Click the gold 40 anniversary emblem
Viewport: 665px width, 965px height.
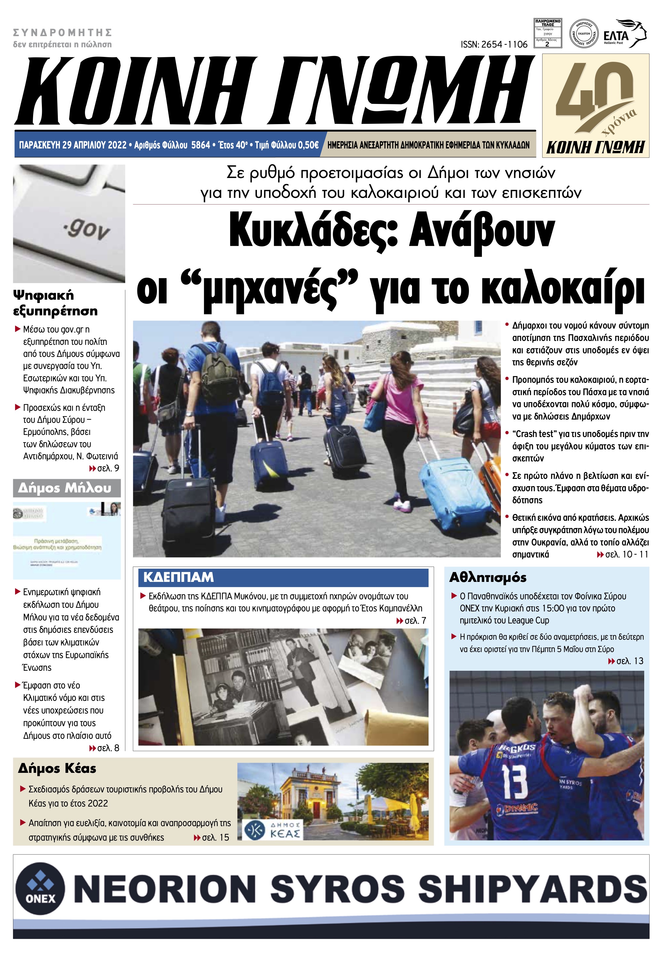595,100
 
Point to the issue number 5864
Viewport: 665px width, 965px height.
200,145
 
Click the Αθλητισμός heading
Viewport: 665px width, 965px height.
488,577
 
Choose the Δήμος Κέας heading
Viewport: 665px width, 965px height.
57,768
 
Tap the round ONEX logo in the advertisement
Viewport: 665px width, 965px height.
40,888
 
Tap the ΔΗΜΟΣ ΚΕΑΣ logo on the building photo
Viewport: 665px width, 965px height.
272,829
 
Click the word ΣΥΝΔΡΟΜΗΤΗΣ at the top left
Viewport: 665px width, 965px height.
63,33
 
